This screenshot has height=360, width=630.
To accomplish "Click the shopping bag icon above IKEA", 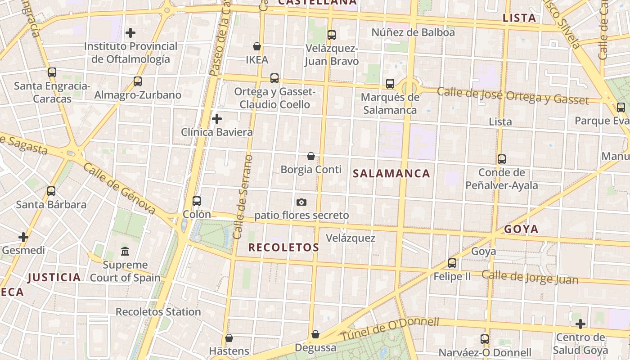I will point(257,46).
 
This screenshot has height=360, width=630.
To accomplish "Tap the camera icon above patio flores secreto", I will point(301,202).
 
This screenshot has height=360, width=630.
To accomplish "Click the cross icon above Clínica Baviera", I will point(217,119).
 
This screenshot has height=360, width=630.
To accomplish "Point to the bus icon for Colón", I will point(197,201).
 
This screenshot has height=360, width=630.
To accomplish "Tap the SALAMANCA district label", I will point(391,174).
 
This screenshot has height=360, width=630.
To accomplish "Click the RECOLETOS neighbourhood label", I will point(283,247).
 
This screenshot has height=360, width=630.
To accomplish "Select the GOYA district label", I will point(521,229).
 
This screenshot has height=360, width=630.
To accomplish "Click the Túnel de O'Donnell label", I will point(389,329).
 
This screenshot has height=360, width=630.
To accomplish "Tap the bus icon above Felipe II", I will point(452,263).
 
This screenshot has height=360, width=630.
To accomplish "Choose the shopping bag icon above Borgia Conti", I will point(311,156).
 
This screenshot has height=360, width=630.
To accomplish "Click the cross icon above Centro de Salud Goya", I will point(580,324).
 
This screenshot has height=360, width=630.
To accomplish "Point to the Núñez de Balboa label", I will point(413,32).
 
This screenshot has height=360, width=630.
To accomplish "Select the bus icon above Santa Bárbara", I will point(51,191).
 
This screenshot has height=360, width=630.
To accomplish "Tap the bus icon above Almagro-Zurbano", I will point(138,81).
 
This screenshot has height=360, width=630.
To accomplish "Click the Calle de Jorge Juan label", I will point(530,277).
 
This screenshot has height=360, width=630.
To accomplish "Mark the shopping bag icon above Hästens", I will point(229,337).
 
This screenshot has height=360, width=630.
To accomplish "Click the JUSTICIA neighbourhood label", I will point(54,278).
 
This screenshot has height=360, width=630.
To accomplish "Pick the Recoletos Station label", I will point(158,312).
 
